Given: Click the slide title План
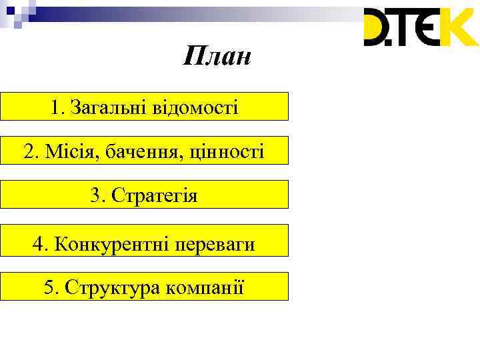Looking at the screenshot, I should [x=217, y=57].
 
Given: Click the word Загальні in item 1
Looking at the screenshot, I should [x=106, y=107].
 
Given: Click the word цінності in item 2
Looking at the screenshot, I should [x=227, y=151].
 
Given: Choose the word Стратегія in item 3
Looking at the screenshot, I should [x=154, y=195].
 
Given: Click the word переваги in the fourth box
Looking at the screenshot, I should [x=214, y=245].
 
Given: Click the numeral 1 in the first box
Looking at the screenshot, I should [x=54, y=107].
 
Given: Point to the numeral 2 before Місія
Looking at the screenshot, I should [x=28, y=151].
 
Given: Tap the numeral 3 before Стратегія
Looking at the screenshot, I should [x=95, y=195].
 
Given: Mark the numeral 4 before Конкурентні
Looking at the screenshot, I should [x=37, y=245].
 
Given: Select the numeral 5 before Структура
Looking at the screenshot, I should [x=49, y=287].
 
